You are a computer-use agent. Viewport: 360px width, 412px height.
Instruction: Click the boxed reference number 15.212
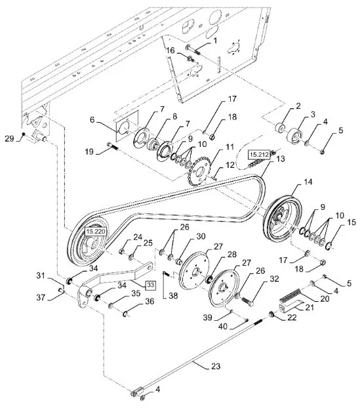point(259,155)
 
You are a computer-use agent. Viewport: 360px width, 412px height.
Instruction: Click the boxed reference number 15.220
point(96,232)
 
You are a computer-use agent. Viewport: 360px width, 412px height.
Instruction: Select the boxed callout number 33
point(150,285)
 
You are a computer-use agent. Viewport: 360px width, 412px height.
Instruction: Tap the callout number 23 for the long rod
point(216,366)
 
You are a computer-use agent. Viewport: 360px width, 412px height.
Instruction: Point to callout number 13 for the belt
point(280,159)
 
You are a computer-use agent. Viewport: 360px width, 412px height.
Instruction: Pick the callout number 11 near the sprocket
point(230,147)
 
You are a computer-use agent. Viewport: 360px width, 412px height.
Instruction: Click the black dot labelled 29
point(24,134)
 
